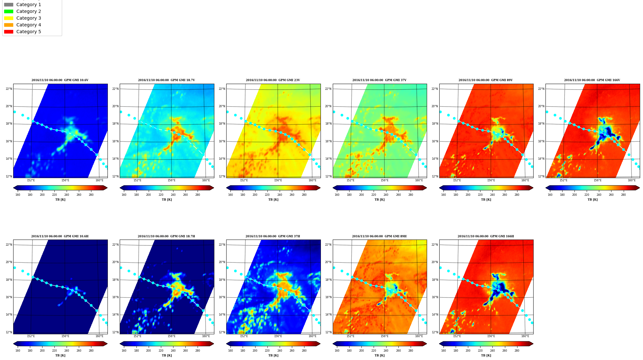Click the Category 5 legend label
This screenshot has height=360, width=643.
(29, 32)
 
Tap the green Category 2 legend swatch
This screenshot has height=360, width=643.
(9, 11)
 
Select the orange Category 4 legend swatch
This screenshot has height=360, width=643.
(9, 25)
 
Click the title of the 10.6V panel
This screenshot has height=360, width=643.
(60, 80)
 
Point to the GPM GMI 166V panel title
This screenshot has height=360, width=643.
(592, 80)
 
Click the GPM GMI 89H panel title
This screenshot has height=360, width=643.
(379, 236)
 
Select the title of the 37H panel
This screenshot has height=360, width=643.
(273, 236)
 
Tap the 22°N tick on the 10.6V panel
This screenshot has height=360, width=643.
(9, 89)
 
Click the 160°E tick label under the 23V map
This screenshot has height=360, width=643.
(312, 180)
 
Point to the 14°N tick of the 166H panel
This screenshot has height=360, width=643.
(435, 315)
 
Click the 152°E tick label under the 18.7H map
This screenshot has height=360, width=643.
(137, 336)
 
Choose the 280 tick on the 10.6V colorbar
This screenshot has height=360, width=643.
(91, 195)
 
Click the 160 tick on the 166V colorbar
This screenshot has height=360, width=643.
(550, 195)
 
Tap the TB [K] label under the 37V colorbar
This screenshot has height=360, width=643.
(379, 200)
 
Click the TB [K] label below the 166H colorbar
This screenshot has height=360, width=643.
(486, 355)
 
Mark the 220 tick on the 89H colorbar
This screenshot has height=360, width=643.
(374, 351)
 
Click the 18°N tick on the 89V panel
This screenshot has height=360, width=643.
(435, 124)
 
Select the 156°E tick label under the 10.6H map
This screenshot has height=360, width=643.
(65, 336)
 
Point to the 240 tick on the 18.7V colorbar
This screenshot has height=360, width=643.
(173, 195)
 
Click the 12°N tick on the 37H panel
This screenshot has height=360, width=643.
(222, 332)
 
